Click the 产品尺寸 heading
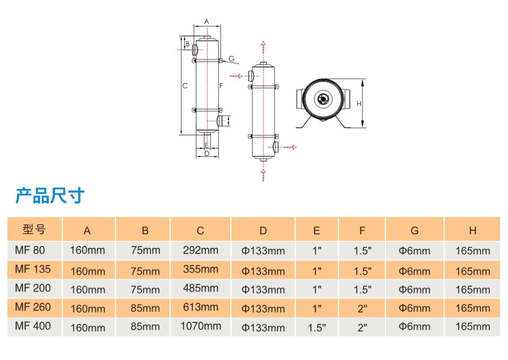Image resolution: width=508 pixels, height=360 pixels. [x=50, y=196]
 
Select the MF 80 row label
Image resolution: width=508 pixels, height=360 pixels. [x=30, y=250]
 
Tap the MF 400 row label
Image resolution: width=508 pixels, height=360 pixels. [x=33, y=327]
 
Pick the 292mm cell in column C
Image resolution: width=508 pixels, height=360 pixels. [x=200, y=250]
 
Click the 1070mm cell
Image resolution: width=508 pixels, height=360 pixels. [x=200, y=326]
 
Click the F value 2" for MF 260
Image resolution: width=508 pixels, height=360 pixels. [x=362, y=308]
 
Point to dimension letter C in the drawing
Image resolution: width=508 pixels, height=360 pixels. [x=185, y=85]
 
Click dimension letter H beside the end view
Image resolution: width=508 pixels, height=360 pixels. [x=359, y=103]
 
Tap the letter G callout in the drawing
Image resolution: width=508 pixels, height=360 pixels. [x=231, y=59]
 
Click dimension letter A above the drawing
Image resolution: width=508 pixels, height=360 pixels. [x=207, y=22]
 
